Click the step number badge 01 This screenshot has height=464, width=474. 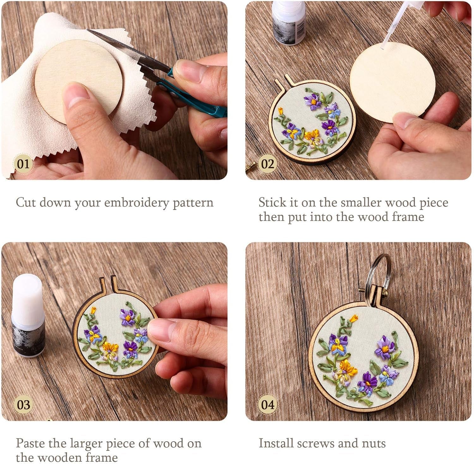point(23,164)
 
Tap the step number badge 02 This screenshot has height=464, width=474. point(267,164)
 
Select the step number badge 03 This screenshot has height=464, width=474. point(23,405)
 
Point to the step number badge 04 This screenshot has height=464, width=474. point(267,405)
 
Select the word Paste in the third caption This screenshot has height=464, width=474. point(30,443)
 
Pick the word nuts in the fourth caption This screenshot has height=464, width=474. point(374,443)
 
